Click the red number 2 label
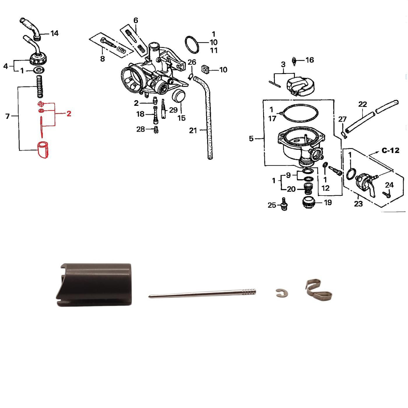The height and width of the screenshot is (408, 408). point(69,114)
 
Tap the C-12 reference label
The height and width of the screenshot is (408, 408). point(391,150)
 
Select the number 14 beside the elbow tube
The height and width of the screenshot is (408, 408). point(54,33)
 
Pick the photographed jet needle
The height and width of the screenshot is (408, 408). point(203,293)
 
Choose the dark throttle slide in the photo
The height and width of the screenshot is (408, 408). point(94,284)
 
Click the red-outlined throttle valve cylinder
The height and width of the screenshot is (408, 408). point(43,150)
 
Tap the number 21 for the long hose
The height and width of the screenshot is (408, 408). point(193,131)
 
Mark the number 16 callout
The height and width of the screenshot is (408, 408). point(309,60)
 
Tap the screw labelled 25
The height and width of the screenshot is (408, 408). point(284,204)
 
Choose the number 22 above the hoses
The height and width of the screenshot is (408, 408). point(363,104)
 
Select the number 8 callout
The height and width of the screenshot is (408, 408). point(103,59)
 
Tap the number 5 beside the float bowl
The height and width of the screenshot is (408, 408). point(251,139)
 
